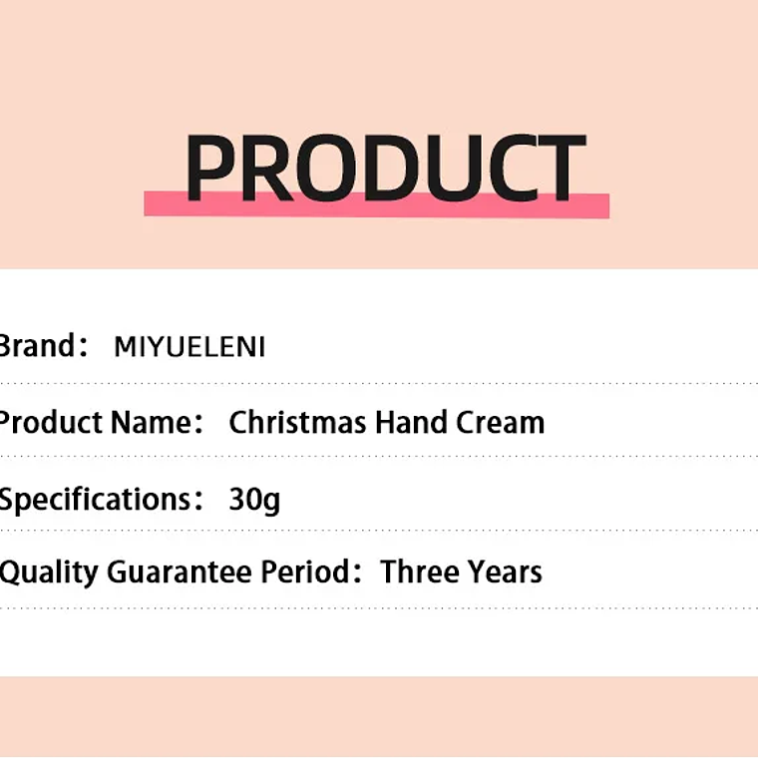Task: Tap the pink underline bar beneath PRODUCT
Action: (x=376, y=204)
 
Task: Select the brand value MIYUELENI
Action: (x=189, y=347)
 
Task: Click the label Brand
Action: (x=37, y=346)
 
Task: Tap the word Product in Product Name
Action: (x=50, y=423)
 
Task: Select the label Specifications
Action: (x=96, y=499)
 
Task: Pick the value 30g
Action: (x=254, y=499)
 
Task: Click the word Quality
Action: (x=49, y=572)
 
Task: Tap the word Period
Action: (x=304, y=572)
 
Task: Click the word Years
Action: (x=503, y=572)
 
